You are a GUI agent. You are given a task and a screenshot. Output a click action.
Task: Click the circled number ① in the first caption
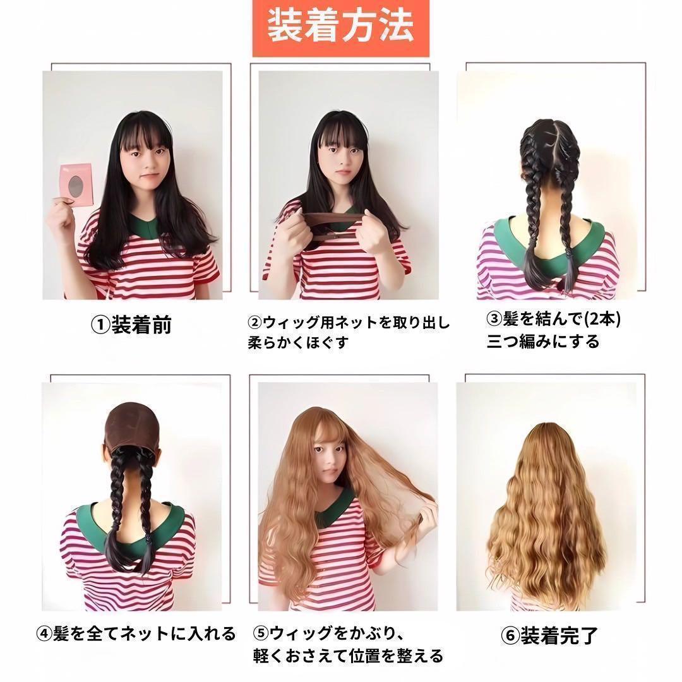coord(100,325)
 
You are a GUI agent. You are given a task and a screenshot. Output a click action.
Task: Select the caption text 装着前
coord(141,325)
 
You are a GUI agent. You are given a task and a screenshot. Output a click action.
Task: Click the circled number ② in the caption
coord(255,323)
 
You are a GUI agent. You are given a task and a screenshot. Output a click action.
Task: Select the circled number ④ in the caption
coord(44,634)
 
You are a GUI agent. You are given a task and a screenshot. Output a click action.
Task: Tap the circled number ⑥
coord(510,636)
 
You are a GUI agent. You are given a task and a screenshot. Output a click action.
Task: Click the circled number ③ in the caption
coord(494,320)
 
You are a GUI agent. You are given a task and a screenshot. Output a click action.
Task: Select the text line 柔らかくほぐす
coord(298,343)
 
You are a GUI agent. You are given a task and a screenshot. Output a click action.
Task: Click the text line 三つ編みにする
coord(543,342)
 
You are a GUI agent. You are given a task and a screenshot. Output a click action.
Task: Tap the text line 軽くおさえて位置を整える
coord(348,656)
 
